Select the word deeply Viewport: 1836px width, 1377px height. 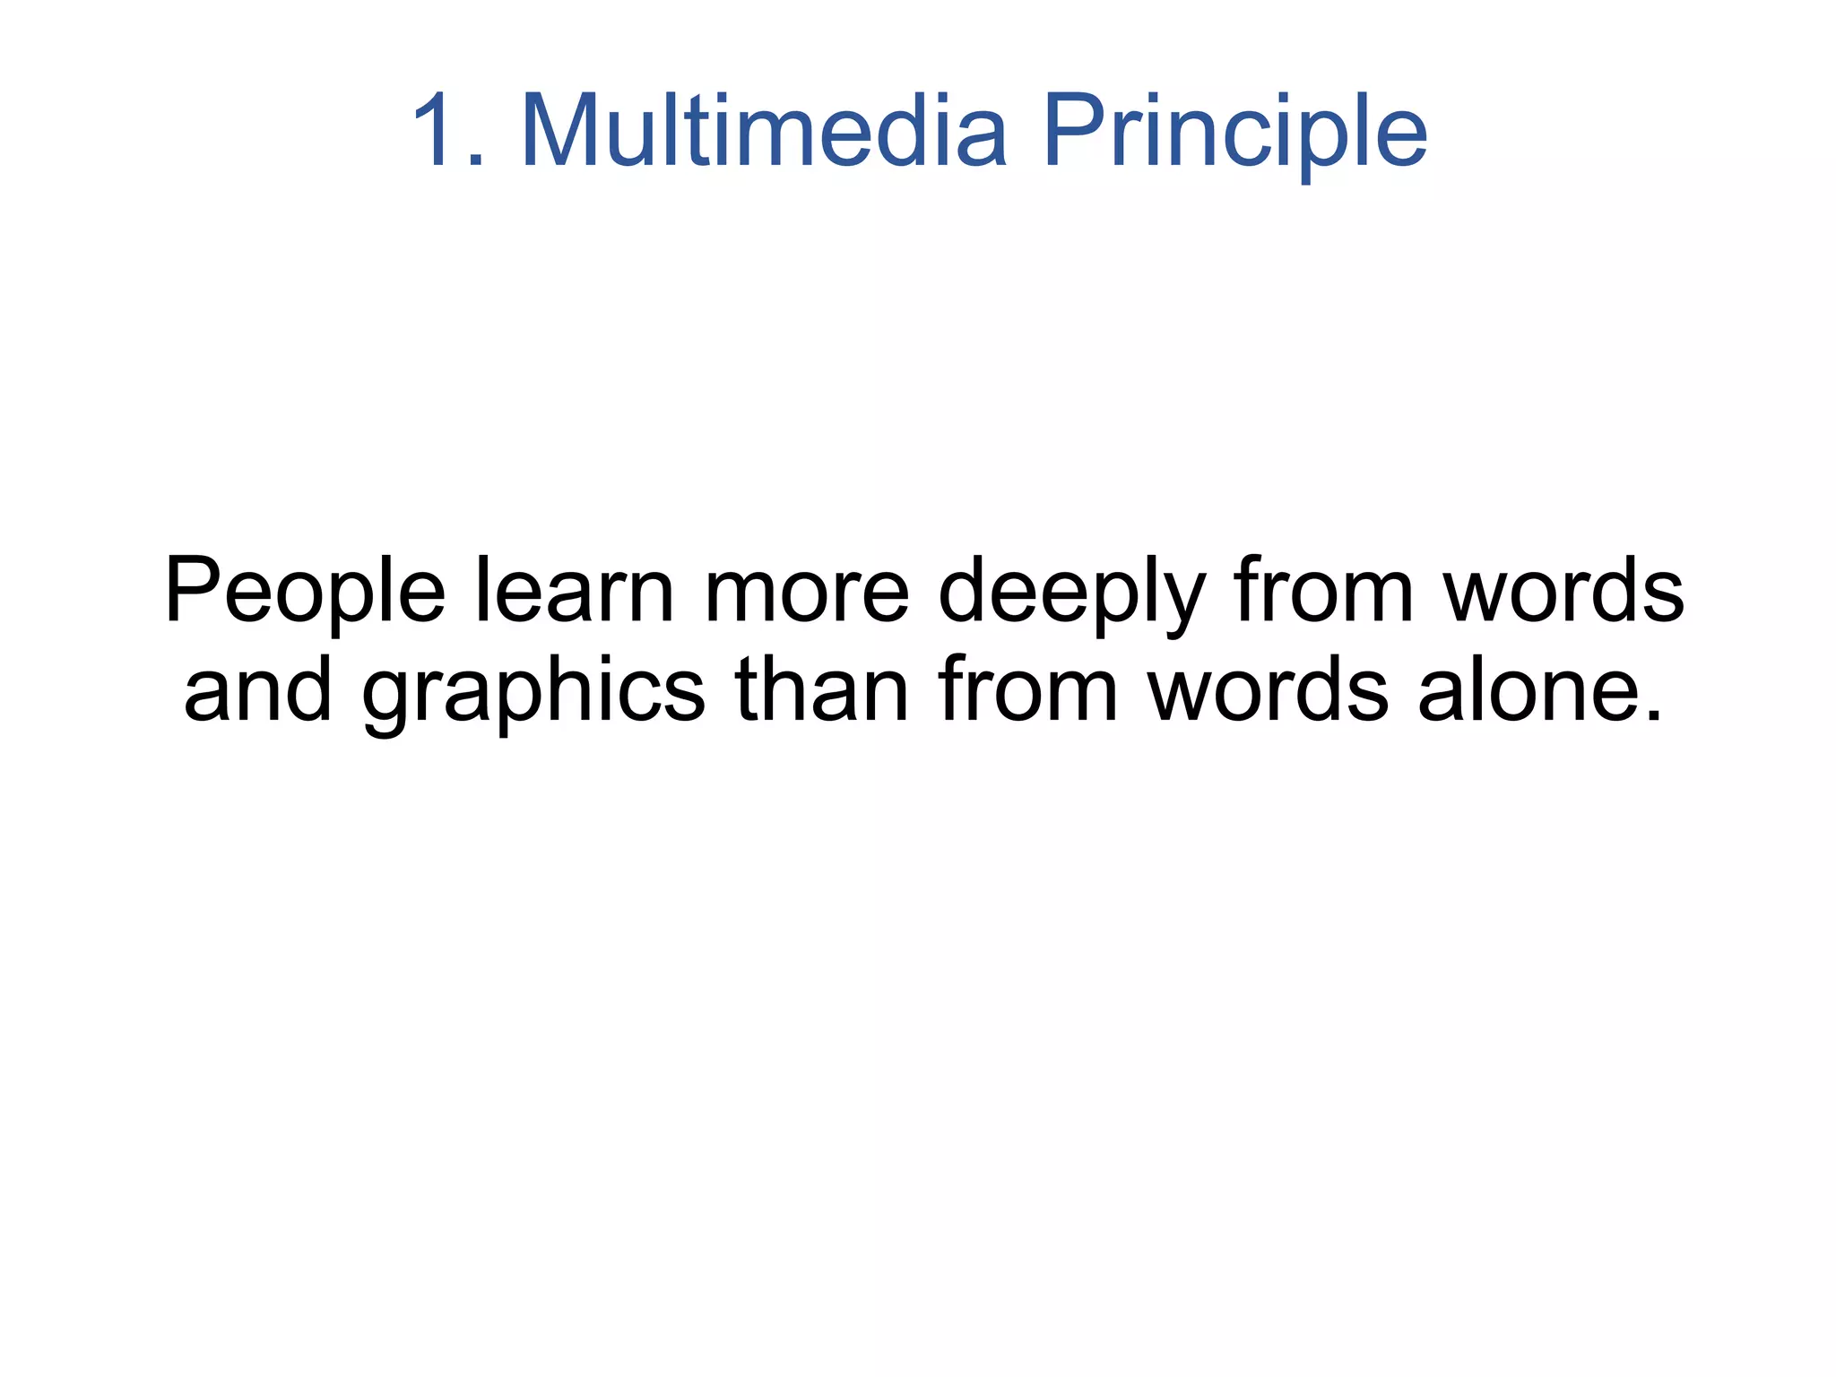[x=1071, y=595]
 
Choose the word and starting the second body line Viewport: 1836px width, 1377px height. [x=258, y=690]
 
